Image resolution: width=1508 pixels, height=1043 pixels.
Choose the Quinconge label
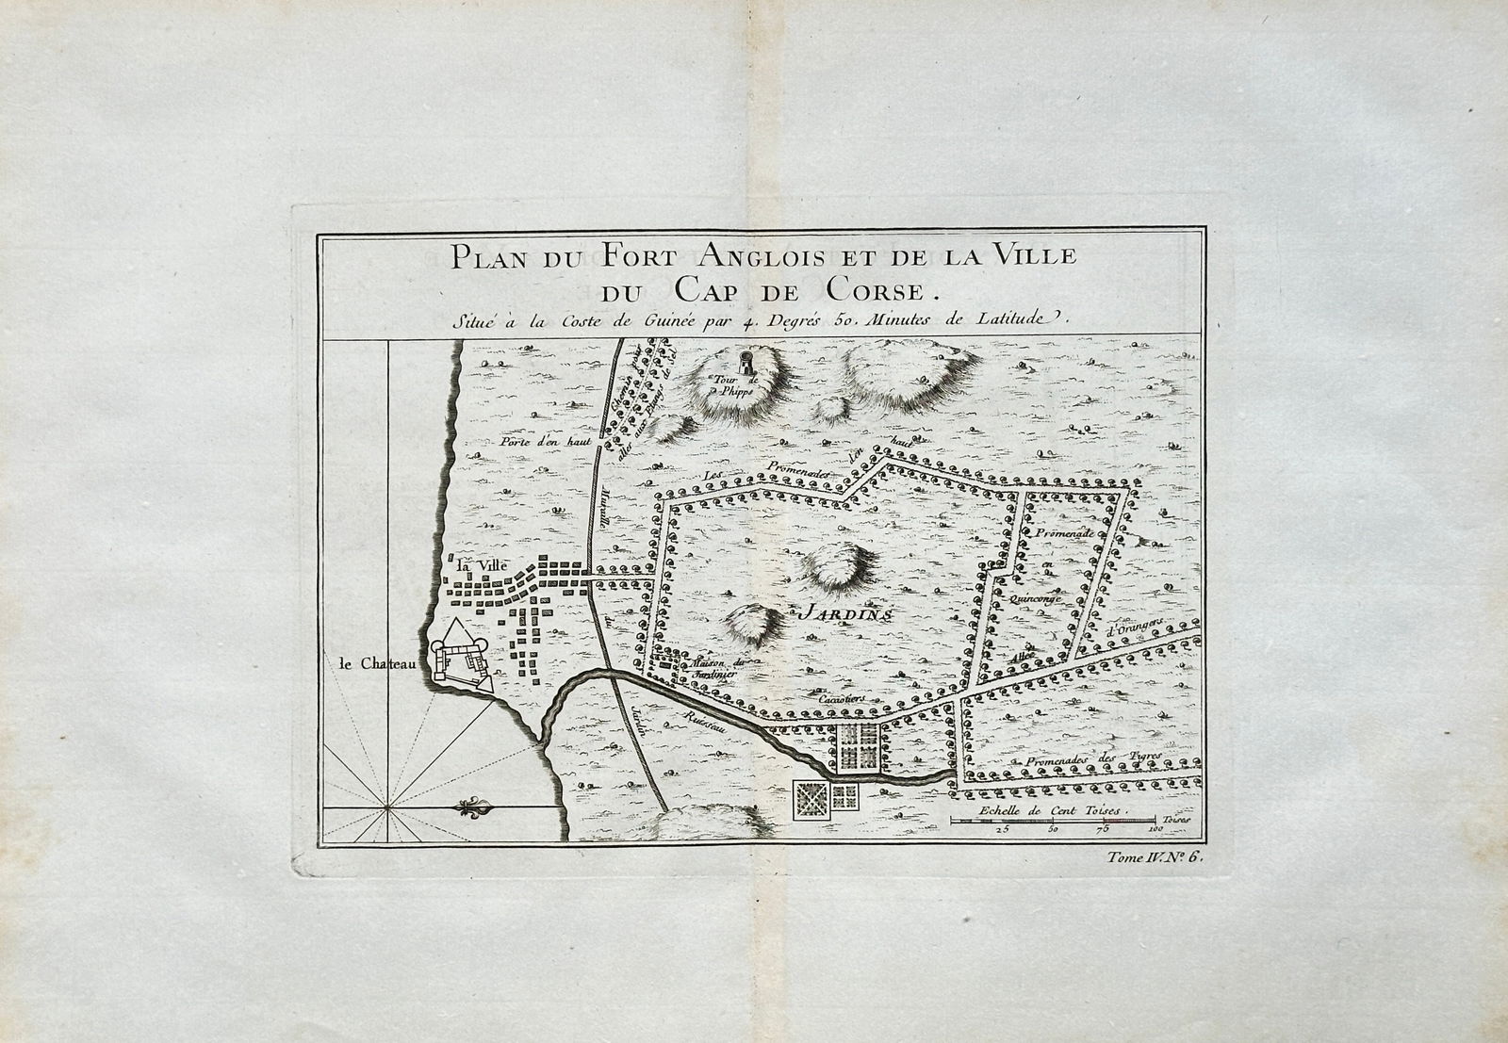click(x=1035, y=597)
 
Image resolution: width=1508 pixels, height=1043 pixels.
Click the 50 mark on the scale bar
click(x=1052, y=830)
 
